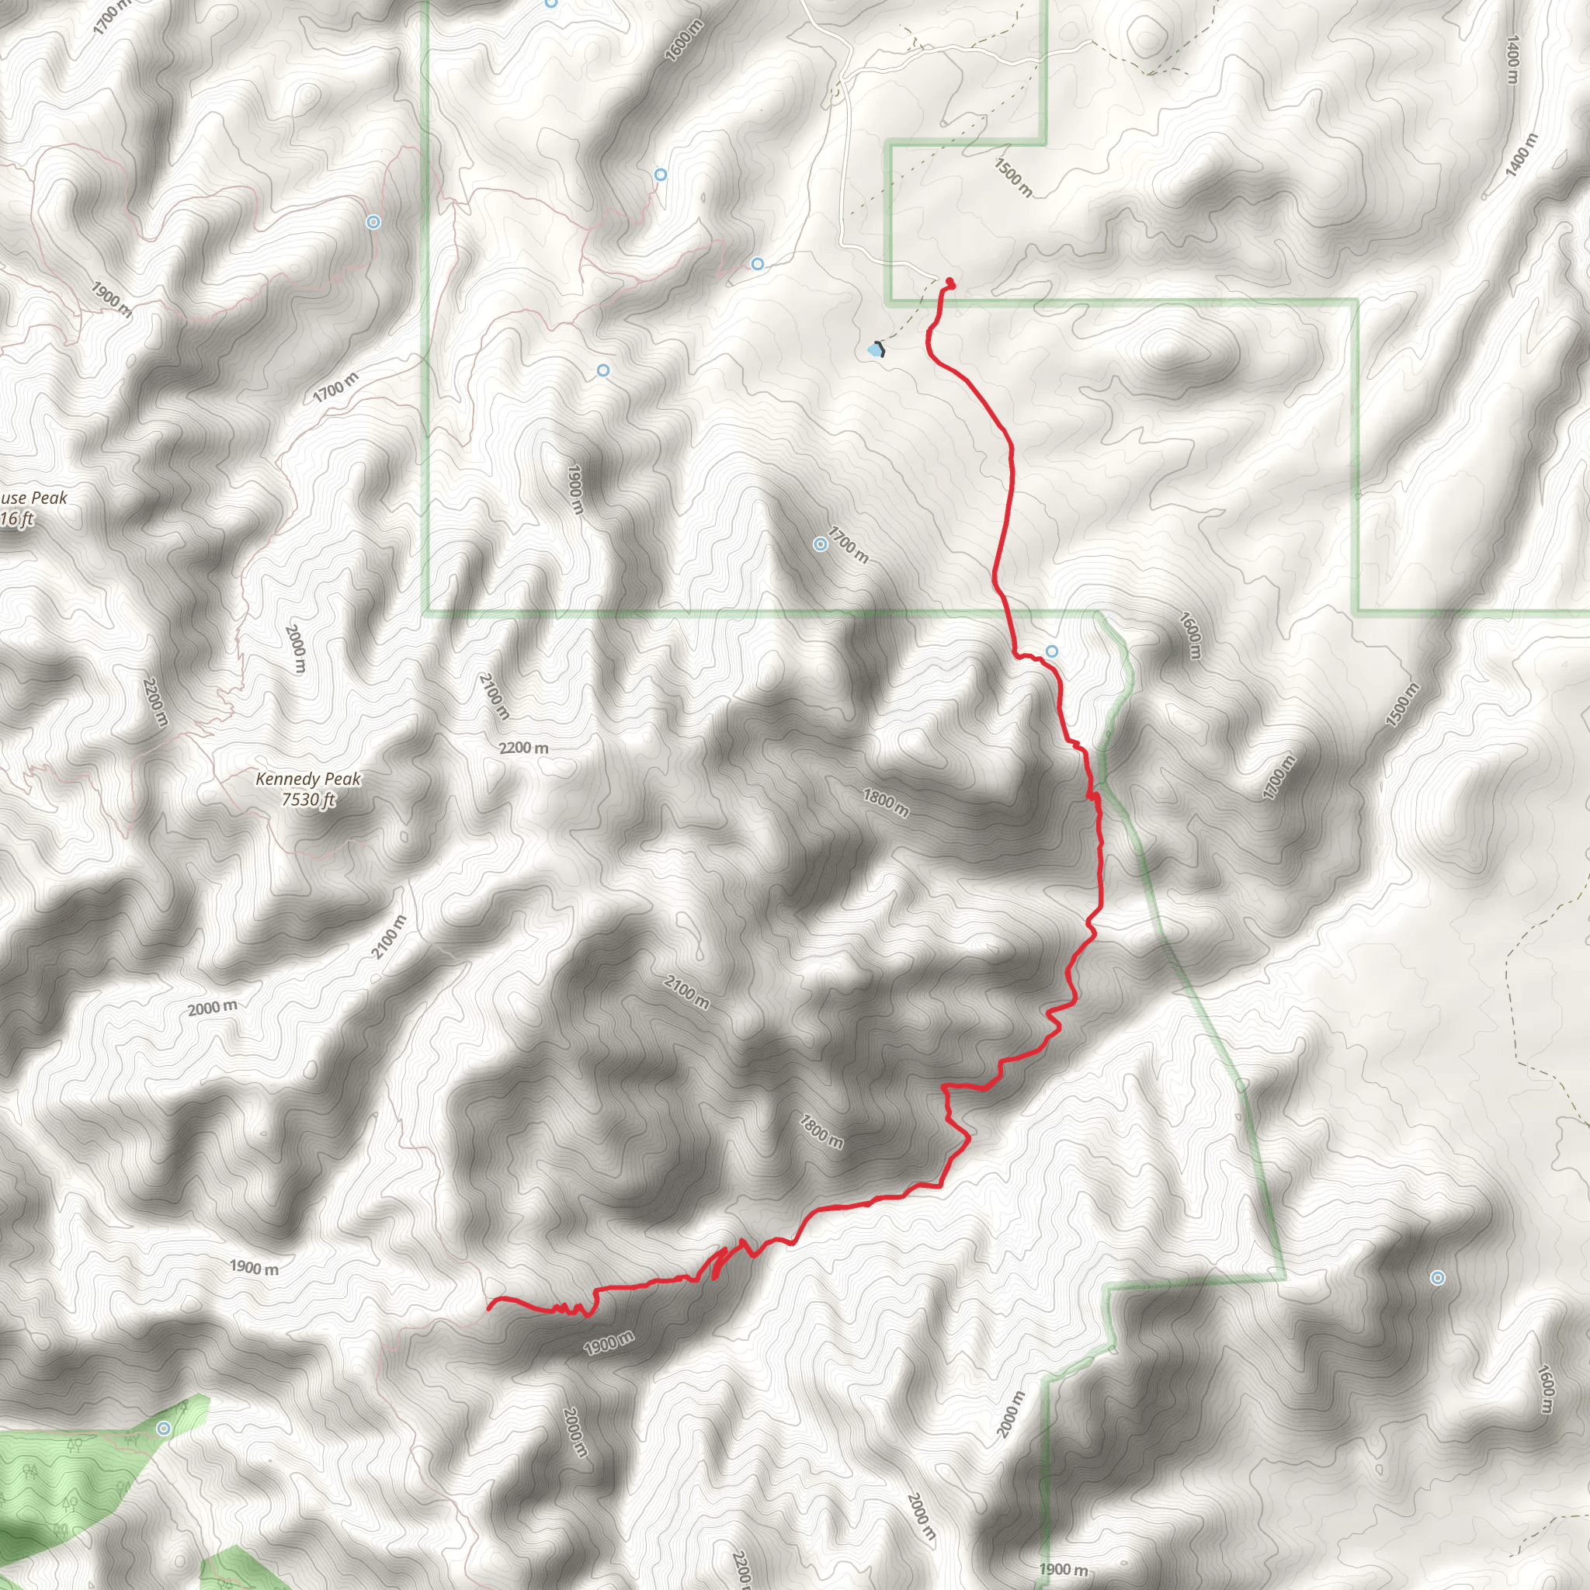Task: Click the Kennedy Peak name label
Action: pos(307,779)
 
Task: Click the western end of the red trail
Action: pos(490,1307)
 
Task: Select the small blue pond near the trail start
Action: pos(873,351)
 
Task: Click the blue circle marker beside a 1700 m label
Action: pos(820,544)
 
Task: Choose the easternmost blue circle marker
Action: pos(1437,1278)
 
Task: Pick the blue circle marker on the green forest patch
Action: pos(164,1428)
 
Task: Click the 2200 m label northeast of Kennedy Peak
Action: pos(523,748)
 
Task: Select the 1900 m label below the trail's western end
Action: pos(609,1342)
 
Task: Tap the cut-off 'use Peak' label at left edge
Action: pos(33,498)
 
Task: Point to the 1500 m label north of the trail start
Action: pos(1013,178)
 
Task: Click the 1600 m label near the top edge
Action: pos(684,40)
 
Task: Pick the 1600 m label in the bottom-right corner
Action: pos(1547,1389)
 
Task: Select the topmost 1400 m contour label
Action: pos(1512,59)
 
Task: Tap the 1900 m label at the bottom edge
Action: pos(1064,1569)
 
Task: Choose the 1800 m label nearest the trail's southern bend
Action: pos(821,1130)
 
